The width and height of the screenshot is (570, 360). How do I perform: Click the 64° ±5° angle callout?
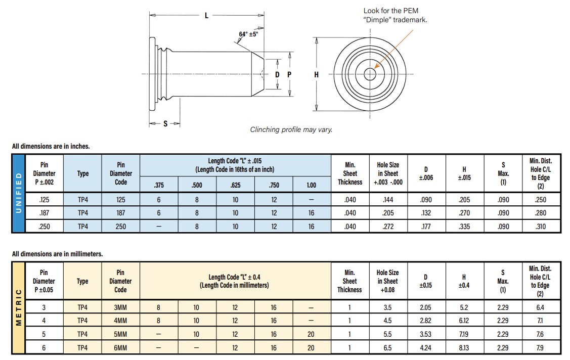pos(248,34)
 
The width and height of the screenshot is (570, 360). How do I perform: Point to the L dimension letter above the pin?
pos(206,16)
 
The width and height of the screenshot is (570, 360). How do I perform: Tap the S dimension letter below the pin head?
pos(165,124)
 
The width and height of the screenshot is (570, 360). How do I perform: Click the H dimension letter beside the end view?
pos(317,74)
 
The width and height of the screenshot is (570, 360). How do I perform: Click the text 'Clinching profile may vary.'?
pos(291,129)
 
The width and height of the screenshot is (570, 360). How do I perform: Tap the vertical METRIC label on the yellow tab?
pos(19,307)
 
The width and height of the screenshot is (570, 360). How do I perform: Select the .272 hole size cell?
pos(388,227)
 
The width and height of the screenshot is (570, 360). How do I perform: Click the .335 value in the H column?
pos(464,227)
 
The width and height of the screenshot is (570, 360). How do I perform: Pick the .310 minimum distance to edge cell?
pos(540,227)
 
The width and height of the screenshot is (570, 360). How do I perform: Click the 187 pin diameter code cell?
pos(120,213)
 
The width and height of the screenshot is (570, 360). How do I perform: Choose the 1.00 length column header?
pos(312,185)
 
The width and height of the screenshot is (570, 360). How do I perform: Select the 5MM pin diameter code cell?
pos(120,334)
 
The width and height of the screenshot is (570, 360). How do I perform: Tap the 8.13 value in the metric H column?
pos(464,347)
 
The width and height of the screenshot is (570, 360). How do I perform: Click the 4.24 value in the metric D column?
pos(426,347)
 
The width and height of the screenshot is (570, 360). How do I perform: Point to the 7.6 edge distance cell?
pos(540,334)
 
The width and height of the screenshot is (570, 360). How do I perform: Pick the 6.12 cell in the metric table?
pos(464,320)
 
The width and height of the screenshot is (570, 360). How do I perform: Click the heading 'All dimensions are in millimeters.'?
pos(58,254)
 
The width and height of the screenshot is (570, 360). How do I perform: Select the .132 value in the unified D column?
pos(426,213)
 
